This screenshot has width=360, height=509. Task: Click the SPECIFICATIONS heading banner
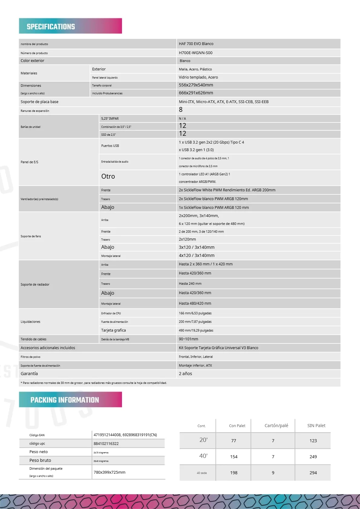(70, 26)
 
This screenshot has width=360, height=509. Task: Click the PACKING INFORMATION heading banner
(70, 400)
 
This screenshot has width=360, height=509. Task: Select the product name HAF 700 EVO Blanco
(196, 44)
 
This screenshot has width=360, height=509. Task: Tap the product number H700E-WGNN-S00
(195, 53)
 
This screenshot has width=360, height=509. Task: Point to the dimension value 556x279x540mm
(196, 85)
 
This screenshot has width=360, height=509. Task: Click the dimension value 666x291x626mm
(196, 93)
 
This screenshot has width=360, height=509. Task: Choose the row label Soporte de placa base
(39, 102)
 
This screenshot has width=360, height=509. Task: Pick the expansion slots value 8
(181, 110)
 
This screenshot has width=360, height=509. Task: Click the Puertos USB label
(110, 146)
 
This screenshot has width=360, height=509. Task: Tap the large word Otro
(108, 177)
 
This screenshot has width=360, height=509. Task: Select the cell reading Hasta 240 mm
(190, 284)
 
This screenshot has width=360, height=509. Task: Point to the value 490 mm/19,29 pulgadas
(196, 330)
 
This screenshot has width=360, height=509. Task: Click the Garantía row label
(29, 374)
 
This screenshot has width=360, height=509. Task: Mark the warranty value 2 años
(185, 374)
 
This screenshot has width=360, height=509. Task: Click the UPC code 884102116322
(106, 444)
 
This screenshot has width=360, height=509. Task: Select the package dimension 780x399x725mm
(109, 472)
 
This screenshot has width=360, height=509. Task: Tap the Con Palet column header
(237, 426)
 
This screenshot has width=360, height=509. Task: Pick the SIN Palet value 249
(313, 457)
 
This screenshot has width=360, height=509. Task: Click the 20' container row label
(203, 440)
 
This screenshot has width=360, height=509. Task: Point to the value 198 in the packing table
(234, 473)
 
